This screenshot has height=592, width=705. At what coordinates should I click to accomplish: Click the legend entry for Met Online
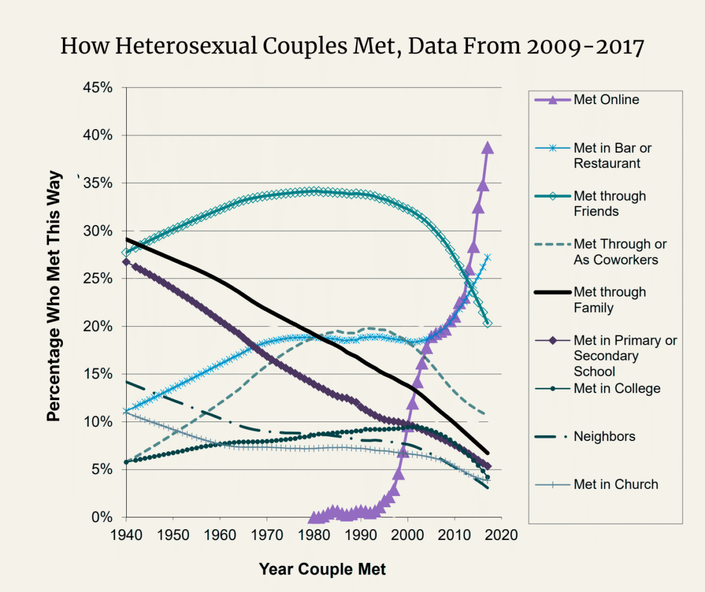click(606, 99)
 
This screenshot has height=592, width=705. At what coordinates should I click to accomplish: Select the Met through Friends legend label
click(610, 204)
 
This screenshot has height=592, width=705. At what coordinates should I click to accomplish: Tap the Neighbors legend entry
click(604, 437)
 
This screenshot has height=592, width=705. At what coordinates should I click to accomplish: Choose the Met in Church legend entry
click(616, 484)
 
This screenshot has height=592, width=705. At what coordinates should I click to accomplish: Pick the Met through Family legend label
click(610, 300)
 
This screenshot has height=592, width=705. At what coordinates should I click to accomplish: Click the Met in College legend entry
click(617, 389)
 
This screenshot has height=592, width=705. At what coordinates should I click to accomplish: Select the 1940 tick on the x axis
click(126, 535)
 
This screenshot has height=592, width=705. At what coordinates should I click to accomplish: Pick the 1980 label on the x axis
click(313, 535)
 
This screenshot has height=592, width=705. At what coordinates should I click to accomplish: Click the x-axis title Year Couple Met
click(322, 570)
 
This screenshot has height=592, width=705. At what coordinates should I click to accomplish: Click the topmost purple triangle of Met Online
click(488, 147)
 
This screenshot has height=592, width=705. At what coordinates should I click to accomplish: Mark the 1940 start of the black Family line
click(126, 239)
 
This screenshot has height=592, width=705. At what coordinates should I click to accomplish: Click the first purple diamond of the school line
click(126, 262)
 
